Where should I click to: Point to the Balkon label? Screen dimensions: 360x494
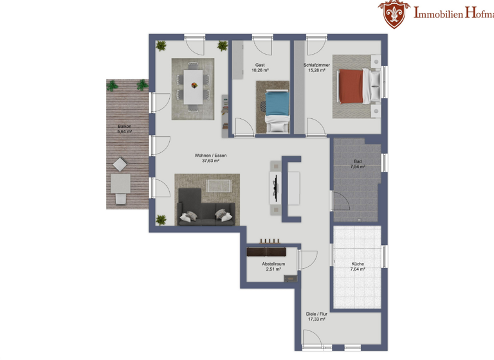[124, 127]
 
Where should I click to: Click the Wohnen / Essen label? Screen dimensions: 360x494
[210, 156]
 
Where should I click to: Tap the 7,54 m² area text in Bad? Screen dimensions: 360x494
[358, 166]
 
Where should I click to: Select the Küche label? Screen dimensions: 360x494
[358, 264]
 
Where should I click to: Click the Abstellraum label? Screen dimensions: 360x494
[273, 264]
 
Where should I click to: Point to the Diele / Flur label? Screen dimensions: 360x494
[316, 314]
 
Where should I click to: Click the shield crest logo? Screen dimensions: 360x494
[392, 14]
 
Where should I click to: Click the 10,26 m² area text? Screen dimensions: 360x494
[260, 70]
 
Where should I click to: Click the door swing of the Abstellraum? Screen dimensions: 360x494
[307, 260]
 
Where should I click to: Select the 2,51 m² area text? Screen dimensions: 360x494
[274, 270]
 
